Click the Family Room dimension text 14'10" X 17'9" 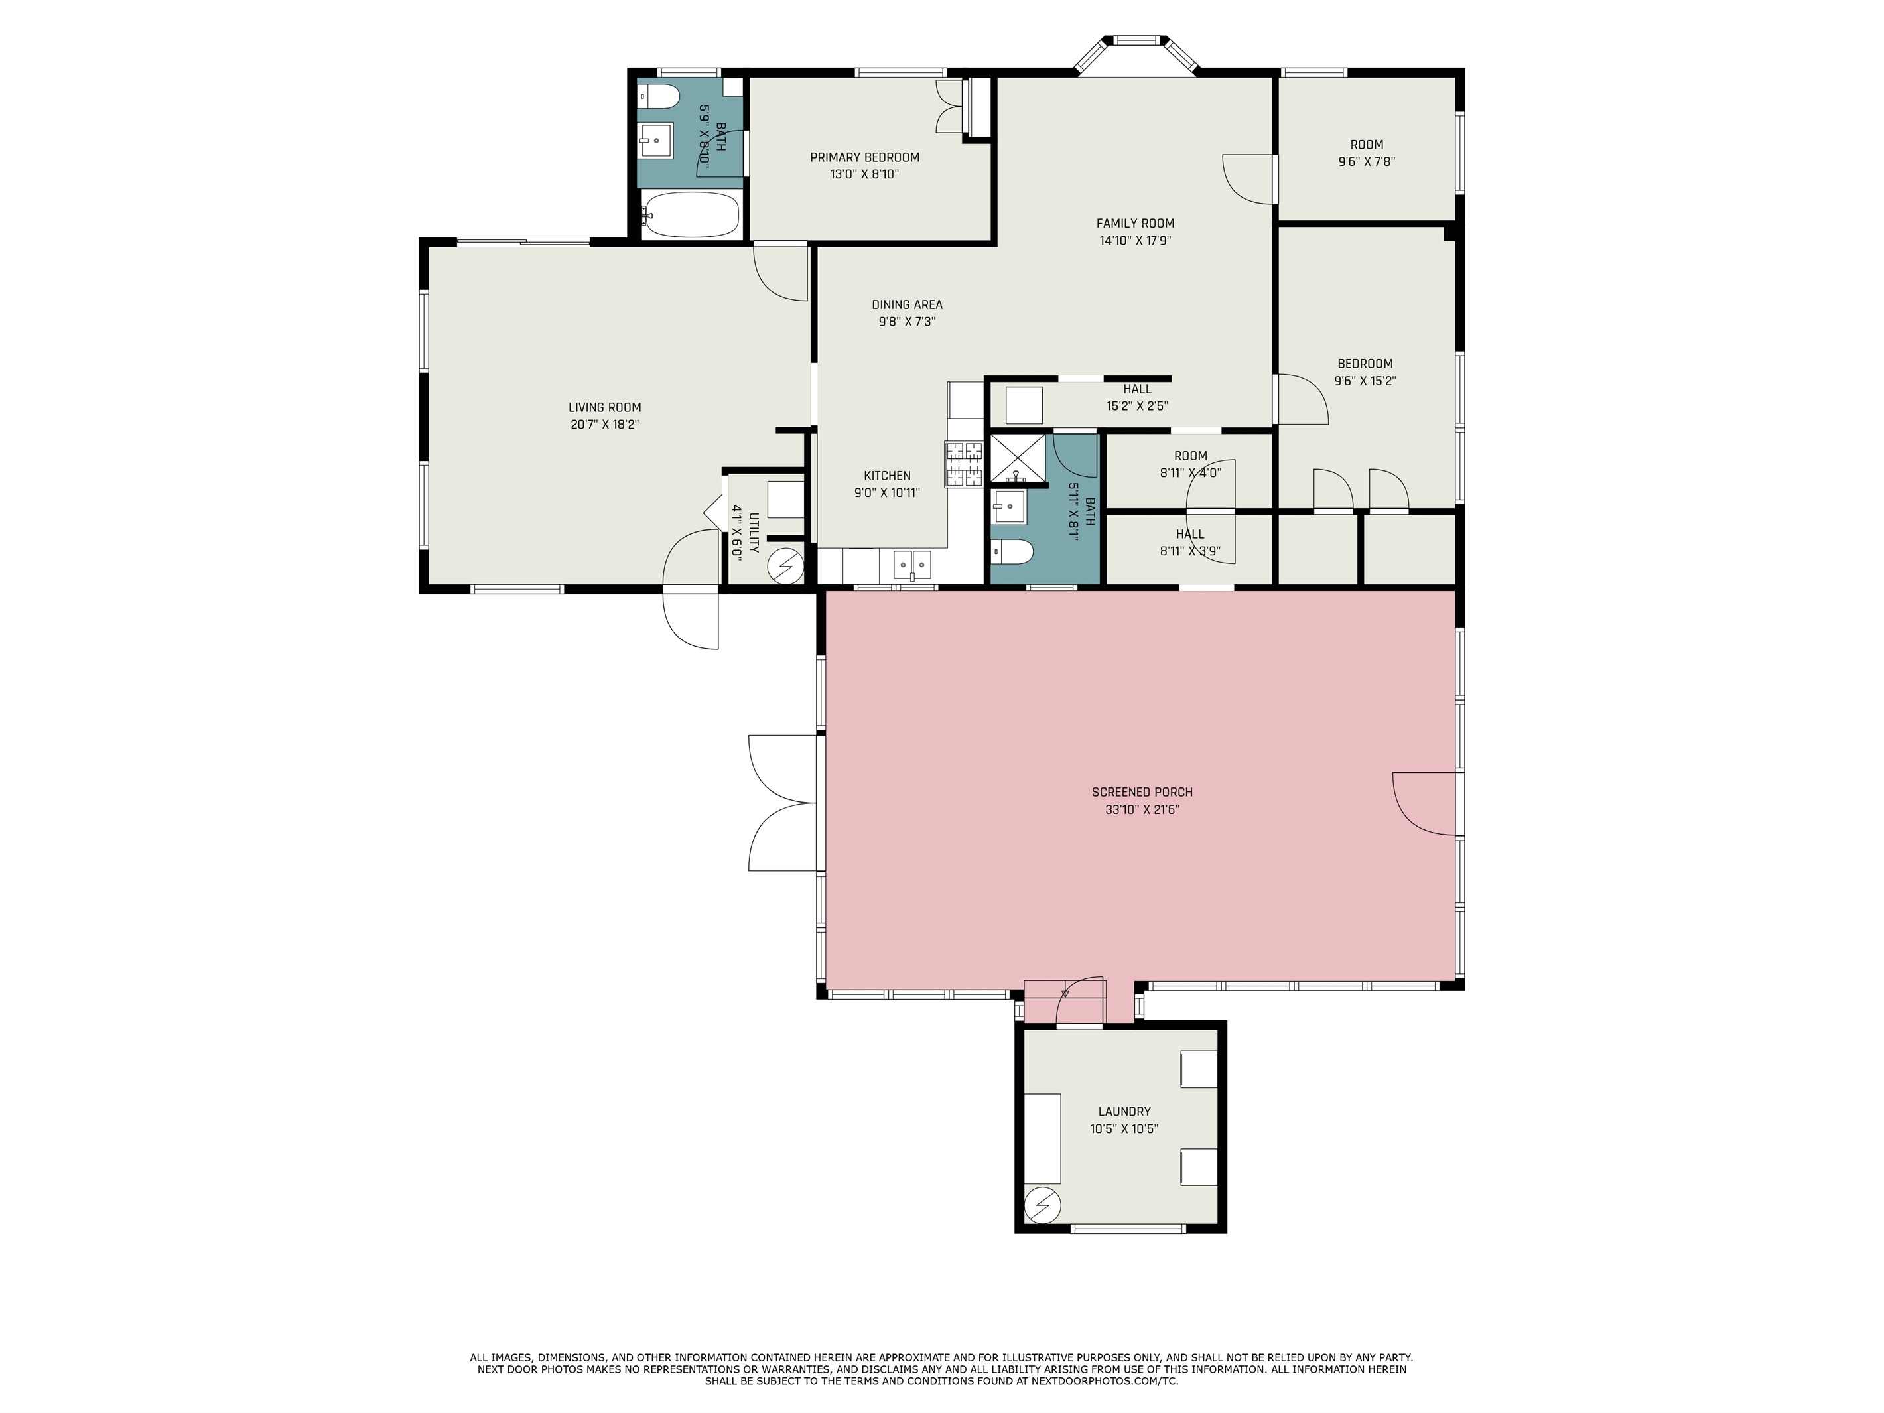point(1135,240)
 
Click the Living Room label point(605,407)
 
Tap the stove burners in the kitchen point(964,464)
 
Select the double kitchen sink point(912,564)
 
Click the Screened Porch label point(1142,792)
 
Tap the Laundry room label point(1124,1111)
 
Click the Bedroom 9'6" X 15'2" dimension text point(1365,381)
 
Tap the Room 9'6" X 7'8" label point(1366,153)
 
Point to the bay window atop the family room point(1137,54)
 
